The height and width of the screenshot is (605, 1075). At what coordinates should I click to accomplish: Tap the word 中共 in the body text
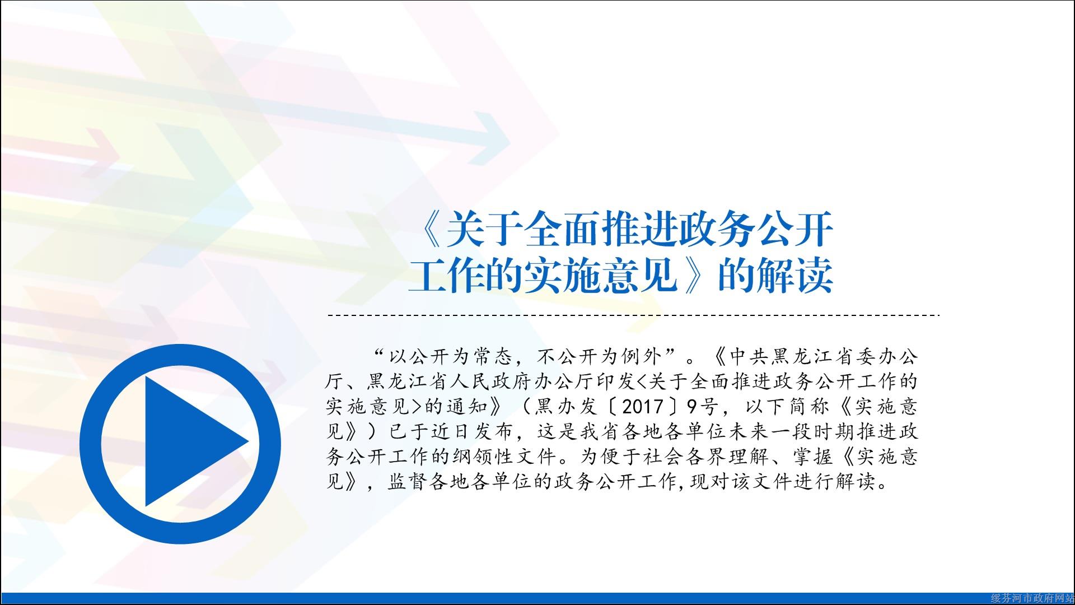pos(751,356)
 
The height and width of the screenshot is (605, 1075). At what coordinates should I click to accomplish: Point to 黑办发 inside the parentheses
pos(566,406)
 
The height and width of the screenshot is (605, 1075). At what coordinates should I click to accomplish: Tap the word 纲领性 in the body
pos(483,457)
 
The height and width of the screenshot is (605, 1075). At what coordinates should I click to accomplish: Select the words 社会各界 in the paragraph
pos(683,457)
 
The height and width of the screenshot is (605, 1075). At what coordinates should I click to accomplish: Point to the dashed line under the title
pos(633,315)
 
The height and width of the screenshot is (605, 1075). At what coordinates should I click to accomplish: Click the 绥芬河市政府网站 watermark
pos(1032,599)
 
